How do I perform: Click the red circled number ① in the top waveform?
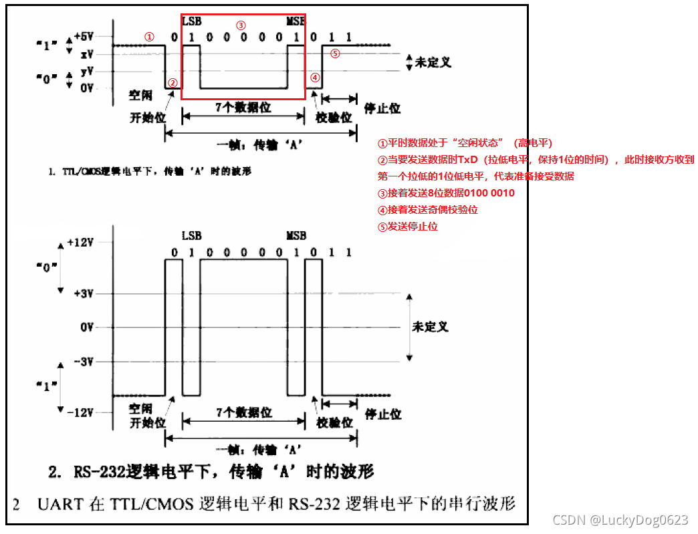tap(150, 37)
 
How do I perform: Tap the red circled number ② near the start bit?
tap(172, 83)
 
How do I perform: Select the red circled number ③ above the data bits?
tap(241, 25)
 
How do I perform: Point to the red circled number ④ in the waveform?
tap(316, 78)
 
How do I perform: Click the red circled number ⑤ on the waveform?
tap(336, 53)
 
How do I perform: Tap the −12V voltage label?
tap(81, 412)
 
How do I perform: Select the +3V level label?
tap(84, 293)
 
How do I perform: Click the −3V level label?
tap(84, 362)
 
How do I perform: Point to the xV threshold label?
tap(87, 53)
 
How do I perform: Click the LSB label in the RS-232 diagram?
tap(191, 236)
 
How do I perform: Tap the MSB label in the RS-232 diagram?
tap(296, 236)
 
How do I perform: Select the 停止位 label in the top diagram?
tap(382, 108)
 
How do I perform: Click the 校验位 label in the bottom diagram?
tap(334, 422)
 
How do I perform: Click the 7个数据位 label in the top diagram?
tap(243, 107)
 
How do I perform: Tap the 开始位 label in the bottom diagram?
tap(147, 422)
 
